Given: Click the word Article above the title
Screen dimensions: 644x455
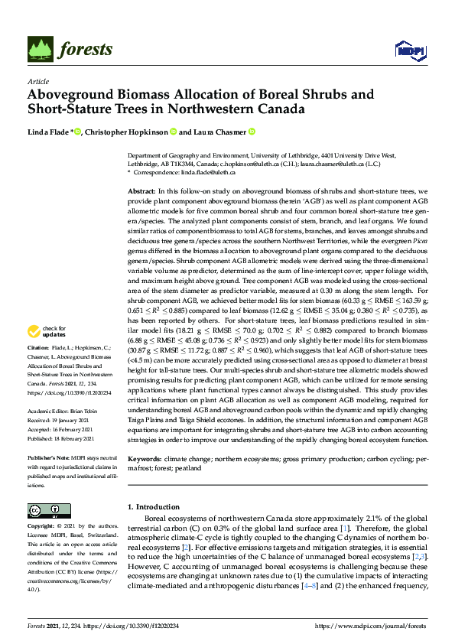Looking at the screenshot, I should (37, 81).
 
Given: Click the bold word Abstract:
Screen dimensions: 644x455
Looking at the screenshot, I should (141, 190).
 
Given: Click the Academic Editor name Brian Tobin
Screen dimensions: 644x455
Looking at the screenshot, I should (83, 411).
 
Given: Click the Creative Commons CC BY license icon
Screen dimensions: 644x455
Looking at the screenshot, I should (45, 511).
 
